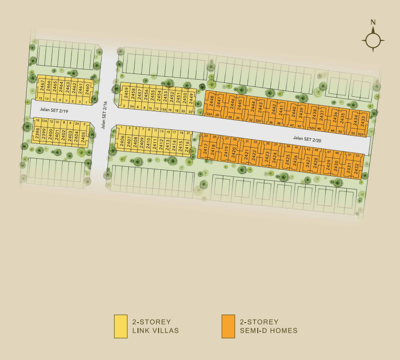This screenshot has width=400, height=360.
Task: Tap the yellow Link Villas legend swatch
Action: pyautogui.click(x=121, y=326)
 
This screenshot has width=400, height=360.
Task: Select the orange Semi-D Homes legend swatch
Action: pyautogui.click(x=229, y=326)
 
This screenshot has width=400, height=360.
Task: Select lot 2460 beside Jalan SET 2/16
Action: pyautogui.click(x=88, y=89)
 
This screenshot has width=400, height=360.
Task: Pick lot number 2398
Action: pyautogui.click(x=37, y=133)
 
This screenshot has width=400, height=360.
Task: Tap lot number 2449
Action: pyautogui.click(x=190, y=99)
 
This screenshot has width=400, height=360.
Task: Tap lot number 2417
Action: pyautogui.click(x=206, y=149)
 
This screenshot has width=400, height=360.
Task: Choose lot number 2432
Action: pyautogui.click(x=356, y=168)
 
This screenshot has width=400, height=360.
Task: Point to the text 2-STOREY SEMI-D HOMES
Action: pyautogui.click(x=268, y=326)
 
